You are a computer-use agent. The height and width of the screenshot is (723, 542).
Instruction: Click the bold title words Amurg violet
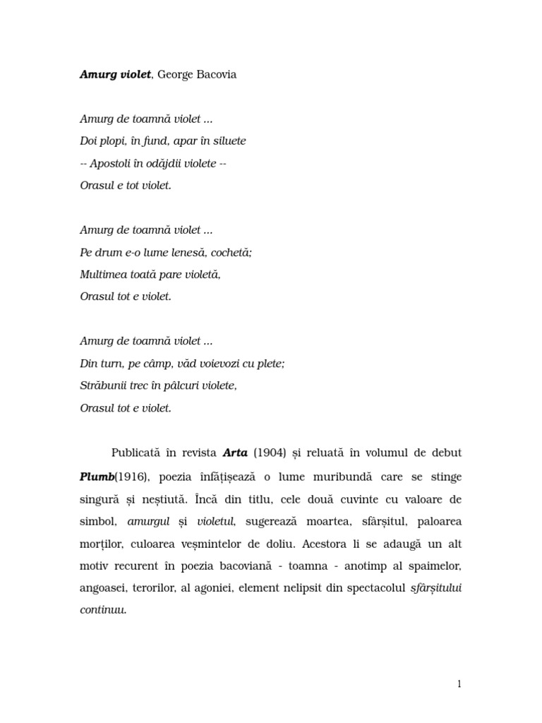pos(115,75)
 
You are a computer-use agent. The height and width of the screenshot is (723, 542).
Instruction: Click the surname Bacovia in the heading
pos(214,75)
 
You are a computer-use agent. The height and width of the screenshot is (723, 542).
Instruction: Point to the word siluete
pos(227,141)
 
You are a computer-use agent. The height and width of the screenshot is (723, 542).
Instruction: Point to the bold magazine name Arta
pos(235,452)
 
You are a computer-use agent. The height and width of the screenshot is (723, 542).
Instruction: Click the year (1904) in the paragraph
pos(265,452)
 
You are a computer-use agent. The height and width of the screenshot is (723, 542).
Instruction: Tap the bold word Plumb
pos(97,477)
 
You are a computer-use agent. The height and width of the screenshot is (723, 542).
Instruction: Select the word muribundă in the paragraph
pos(342,477)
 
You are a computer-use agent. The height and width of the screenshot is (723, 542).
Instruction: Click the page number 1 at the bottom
pos(459,683)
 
